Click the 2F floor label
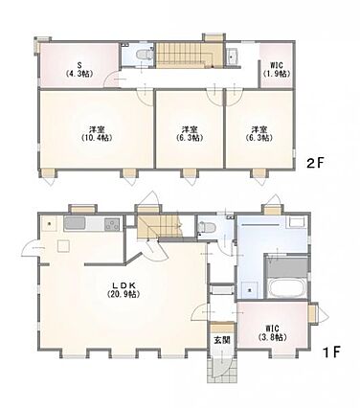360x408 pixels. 315,164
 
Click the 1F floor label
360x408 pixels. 332,352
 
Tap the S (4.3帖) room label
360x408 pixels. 79,70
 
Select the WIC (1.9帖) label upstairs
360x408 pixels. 277,69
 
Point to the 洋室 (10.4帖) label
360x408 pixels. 97,134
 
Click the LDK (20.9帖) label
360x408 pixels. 124,289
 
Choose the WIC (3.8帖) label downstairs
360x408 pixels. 272,333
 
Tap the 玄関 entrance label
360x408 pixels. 222,340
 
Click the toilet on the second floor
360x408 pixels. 144,54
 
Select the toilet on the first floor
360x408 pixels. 203,228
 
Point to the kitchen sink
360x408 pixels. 75,223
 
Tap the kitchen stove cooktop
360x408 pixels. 112,224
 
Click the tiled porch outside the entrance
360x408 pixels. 222,369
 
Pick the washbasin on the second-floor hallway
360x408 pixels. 232,57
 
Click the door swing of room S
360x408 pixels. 112,79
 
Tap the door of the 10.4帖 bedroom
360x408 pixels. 146,96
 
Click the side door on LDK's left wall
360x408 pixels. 31,248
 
